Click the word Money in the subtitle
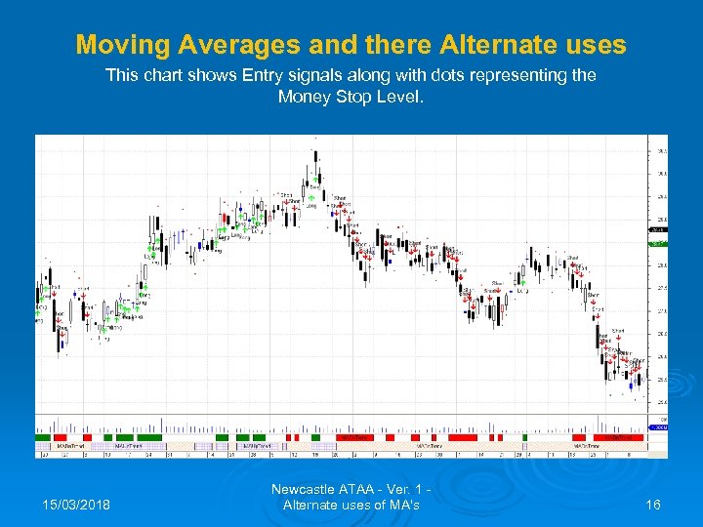[x=304, y=96]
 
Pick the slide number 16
[x=654, y=504]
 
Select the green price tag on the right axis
[x=658, y=242]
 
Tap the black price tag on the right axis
[x=658, y=230]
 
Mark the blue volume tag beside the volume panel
[x=658, y=427]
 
